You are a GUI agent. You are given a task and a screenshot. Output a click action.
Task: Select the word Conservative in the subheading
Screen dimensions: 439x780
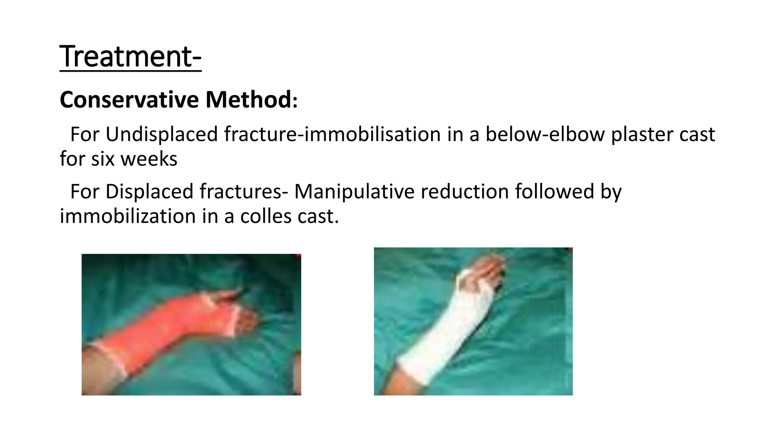pyautogui.click(x=129, y=100)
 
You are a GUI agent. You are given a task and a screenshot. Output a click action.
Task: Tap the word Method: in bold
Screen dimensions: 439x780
pyautogui.click(x=251, y=100)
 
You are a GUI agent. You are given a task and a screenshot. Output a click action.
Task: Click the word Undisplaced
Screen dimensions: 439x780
pyautogui.click(x=161, y=135)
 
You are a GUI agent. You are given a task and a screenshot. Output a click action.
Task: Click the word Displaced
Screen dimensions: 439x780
pyautogui.click(x=149, y=192)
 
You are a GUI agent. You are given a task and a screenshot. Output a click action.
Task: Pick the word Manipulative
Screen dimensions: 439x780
pyautogui.click(x=354, y=192)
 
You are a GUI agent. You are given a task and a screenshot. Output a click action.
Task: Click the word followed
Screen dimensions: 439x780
pyautogui.click(x=555, y=192)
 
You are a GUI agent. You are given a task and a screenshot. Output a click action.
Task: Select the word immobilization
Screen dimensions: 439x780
pyautogui.click(x=128, y=216)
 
